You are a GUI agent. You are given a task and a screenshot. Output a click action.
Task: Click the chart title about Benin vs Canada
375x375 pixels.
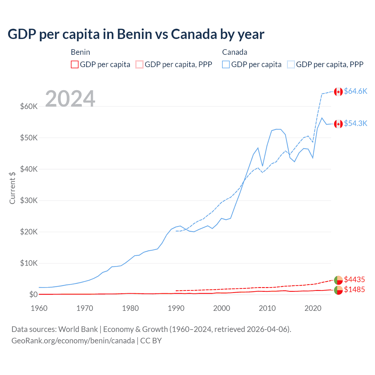click(136, 34)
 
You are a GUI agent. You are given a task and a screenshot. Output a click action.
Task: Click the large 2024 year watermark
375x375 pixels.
click(70, 99)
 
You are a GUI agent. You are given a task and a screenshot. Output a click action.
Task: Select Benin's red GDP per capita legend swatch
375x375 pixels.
click(75, 64)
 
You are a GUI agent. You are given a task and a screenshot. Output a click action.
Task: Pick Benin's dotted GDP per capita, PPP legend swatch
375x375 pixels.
click(139, 64)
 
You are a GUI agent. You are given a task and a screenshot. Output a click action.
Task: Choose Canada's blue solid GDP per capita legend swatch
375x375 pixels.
click(226, 64)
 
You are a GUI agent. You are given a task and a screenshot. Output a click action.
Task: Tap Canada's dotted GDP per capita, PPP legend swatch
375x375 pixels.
click(291, 64)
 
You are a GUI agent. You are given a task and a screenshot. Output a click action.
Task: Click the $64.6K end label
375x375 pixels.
click(355, 91)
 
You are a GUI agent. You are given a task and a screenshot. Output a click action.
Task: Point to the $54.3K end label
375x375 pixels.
click(355, 123)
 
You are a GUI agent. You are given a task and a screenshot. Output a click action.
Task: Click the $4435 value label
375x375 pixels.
click(354, 279)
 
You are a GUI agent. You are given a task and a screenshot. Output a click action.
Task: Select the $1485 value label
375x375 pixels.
click(354, 289)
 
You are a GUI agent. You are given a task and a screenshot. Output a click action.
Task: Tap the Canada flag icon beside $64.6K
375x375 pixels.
click(338, 92)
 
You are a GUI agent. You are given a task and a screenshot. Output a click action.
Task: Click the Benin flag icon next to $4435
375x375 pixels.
click(338, 280)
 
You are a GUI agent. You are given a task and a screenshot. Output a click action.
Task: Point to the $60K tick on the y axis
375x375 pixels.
click(29, 106)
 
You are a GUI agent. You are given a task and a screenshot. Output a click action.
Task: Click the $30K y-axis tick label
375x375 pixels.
click(29, 200)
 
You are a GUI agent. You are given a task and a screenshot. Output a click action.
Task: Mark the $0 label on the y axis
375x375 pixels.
click(33, 294)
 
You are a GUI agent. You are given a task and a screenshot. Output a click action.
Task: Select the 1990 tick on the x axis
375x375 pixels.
click(176, 308)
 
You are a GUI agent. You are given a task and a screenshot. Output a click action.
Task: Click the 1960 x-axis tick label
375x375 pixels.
click(39, 308)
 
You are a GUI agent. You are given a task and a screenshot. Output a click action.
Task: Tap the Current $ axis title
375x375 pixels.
click(12, 188)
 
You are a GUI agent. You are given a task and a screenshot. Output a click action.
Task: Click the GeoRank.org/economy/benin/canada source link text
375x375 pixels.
click(73, 341)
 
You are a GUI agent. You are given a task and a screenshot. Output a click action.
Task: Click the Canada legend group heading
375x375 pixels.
click(235, 52)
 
